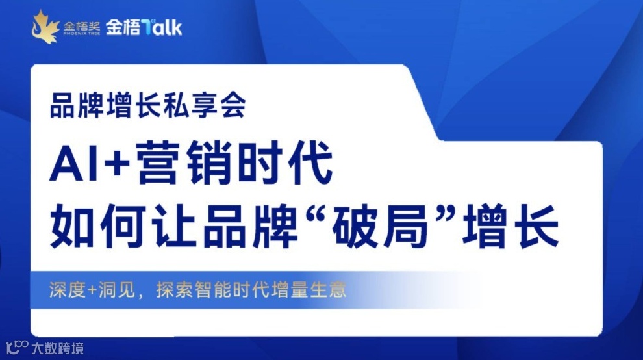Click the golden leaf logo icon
tap(45, 27)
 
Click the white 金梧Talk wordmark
tap(144, 27)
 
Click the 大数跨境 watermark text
tap(58, 348)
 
